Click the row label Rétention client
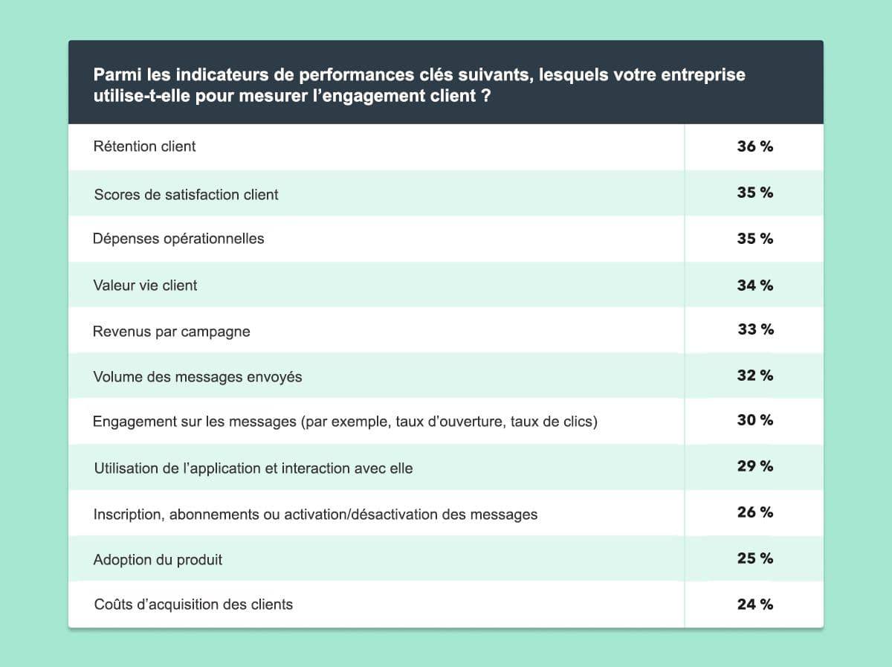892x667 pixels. (144, 146)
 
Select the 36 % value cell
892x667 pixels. (754, 146)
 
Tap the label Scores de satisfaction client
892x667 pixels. (186, 195)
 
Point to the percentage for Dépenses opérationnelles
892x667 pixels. (754, 239)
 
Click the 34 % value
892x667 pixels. (754, 285)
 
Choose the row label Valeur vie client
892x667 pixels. (145, 285)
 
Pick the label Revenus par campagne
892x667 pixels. (171, 332)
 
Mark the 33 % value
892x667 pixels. (755, 329)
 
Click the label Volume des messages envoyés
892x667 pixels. (197, 377)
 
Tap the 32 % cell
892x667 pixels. (754, 376)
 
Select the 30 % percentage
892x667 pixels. (754, 420)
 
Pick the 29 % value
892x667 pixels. (754, 466)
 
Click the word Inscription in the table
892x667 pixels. (123, 515)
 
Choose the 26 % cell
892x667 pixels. (754, 512)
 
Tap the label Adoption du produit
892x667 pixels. (158, 559)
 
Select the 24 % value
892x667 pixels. (754, 605)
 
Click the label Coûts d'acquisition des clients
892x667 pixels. (193, 605)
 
